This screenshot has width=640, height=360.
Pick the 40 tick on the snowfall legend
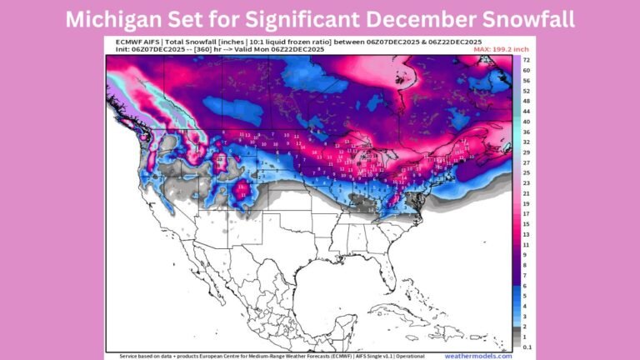click(527, 122)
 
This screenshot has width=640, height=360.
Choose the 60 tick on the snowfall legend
click(527, 72)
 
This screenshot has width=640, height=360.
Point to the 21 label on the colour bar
click(527, 192)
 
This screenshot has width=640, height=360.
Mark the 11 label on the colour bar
click(527, 244)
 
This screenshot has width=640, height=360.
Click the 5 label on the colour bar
click(527, 296)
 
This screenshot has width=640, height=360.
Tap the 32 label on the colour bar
click(527, 142)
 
